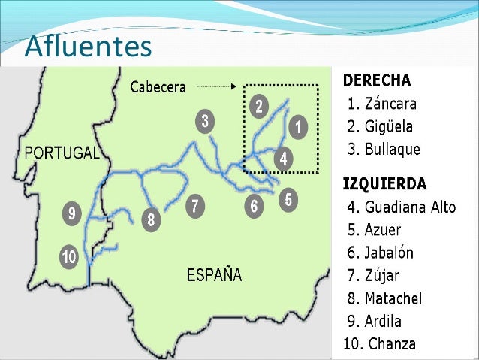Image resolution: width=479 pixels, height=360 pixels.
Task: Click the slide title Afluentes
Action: click(87, 47)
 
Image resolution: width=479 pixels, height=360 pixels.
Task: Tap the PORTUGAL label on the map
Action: click(62, 153)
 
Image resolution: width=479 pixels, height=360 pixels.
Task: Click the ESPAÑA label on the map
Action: click(214, 274)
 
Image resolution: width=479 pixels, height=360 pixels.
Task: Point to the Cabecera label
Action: click(158, 87)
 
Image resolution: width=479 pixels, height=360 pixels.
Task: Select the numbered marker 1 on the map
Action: click(297, 127)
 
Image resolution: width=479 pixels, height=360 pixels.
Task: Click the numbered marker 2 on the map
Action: click(258, 107)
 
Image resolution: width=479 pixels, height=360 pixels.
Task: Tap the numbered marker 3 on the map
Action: click(204, 121)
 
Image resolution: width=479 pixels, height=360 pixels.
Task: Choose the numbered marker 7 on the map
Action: click(194, 206)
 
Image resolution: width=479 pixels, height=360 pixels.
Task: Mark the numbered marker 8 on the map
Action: click(151, 220)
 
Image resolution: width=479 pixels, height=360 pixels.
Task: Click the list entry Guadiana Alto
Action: click(401, 207)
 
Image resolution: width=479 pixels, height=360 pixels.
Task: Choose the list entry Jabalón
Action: click(390, 253)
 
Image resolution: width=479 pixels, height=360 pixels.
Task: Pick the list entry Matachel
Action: click(394, 298)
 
